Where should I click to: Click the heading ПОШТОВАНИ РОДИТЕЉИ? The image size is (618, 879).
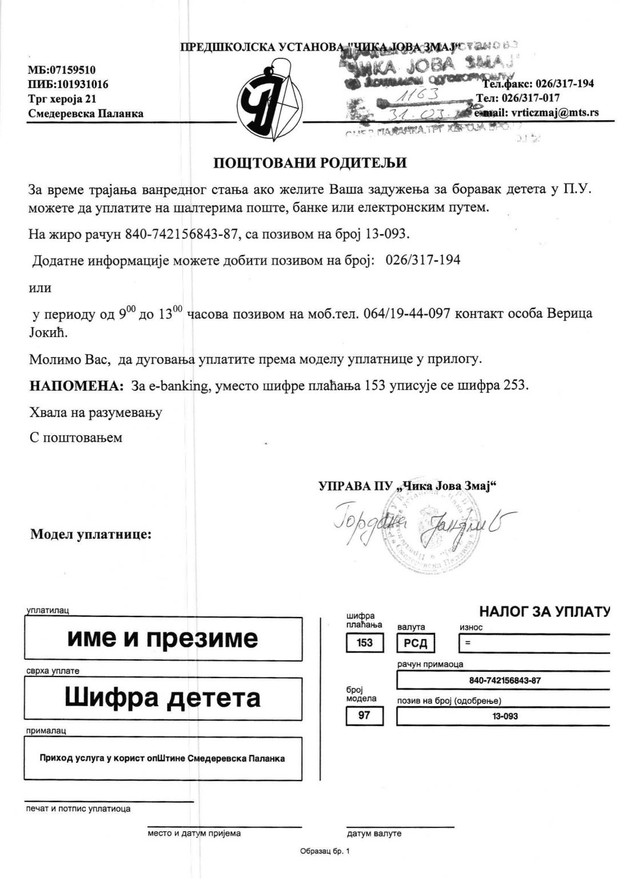coord(310,163)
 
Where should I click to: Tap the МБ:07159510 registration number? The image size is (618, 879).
coord(62,70)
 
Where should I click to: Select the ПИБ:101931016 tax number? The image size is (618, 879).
coord(68,85)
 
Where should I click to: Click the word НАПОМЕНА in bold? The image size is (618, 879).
coord(77,386)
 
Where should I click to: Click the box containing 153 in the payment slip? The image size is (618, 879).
coord(364,643)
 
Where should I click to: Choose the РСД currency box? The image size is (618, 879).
coord(416,643)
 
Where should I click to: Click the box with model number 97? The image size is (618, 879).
coord(364,715)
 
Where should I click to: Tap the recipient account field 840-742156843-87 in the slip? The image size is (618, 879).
coord(504,680)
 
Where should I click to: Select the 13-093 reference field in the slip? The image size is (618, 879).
coord(504,716)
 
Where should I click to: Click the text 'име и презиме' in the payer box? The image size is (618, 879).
coord(162,638)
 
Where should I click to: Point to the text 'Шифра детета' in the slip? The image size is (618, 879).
coord(162,698)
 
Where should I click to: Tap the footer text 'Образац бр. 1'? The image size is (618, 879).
coord(324,852)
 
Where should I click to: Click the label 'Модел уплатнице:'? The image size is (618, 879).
coord(91,535)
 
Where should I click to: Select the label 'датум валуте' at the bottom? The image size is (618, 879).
coord(374,833)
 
